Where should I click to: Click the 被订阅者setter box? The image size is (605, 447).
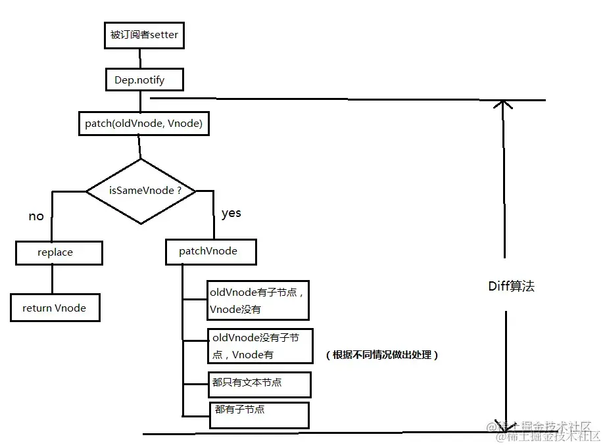(144, 35)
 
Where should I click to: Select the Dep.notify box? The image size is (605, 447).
(144, 80)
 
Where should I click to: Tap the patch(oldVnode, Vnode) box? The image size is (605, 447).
(143, 124)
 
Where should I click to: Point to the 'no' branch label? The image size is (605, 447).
(36, 216)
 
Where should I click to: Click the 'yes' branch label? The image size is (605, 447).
(231, 213)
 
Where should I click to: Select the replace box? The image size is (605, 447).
(59, 252)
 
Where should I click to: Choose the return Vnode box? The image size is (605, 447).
(55, 308)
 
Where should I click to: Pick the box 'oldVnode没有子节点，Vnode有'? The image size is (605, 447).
(260, 346)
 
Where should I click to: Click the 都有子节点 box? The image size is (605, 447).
(258, 414)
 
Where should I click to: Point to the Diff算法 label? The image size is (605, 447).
(511, 287)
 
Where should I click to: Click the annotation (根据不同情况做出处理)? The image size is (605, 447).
(381, 355)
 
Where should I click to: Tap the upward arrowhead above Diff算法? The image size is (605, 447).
(504, 105)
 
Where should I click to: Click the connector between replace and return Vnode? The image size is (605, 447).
(52, 279)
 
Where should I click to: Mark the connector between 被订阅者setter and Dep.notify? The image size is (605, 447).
(141, 58)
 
